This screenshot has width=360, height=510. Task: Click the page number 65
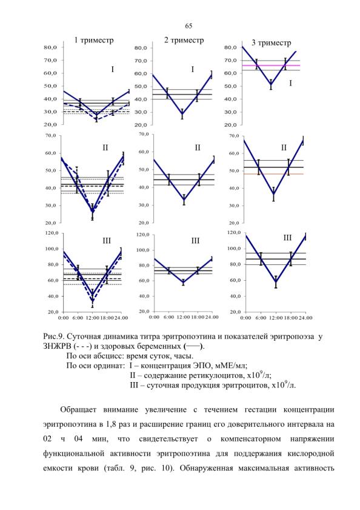pos(188,26)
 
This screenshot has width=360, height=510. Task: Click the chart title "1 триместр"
pos(94,41)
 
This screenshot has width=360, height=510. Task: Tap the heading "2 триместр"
pos(184,40)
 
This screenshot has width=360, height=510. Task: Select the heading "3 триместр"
pos(272,42)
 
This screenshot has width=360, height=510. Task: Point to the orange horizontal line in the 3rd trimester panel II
pos(273,174)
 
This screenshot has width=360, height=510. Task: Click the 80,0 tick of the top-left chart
pos(50,47)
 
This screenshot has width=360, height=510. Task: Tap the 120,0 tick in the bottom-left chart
pos(52,233)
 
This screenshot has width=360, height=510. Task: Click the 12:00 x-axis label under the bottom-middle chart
pos(183,317)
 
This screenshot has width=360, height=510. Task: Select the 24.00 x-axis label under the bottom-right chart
pos(305,317)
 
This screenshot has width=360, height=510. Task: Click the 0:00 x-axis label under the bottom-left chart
pos(64,317)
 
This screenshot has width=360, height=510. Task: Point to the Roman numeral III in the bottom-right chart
pos(287,238)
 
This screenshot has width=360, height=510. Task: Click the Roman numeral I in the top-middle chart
pos(193,69)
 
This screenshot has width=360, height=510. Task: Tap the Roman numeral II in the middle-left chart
pos(105,148)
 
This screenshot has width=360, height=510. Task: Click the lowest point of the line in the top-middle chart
pos(182,114)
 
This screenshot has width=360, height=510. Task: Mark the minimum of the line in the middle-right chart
pos(273,195)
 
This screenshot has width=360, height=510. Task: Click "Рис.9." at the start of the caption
pos(53,337)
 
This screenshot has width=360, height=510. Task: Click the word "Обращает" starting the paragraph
pos(78,410)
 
